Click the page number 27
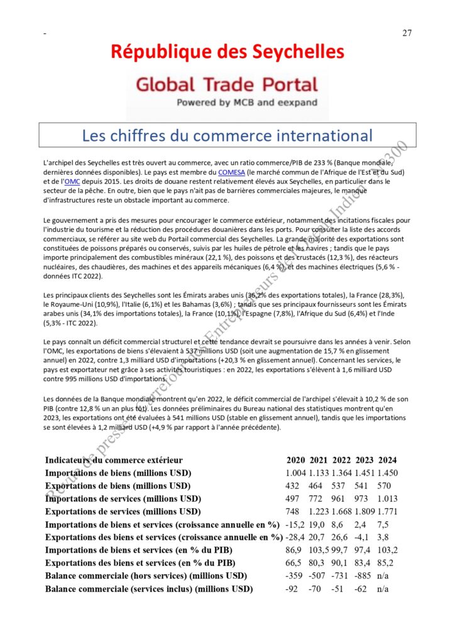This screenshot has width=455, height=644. (407, 33)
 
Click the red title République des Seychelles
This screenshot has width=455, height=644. (227, 52)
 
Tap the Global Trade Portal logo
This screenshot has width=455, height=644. (227, 91)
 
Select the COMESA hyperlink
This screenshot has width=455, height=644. (231, 172)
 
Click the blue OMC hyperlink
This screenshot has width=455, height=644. (73, 181)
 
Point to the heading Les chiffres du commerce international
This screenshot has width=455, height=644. (227, 135)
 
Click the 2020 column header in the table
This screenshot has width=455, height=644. (296, 460)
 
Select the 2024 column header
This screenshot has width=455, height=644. (387, 460)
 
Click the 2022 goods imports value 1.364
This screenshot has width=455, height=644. (342, 472)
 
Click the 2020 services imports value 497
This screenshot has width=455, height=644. (293, 499)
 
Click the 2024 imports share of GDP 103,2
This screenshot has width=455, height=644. (387, 550)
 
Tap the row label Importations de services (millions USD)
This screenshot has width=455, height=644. (123, 499)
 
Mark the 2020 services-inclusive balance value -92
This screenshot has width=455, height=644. (292, 589)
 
